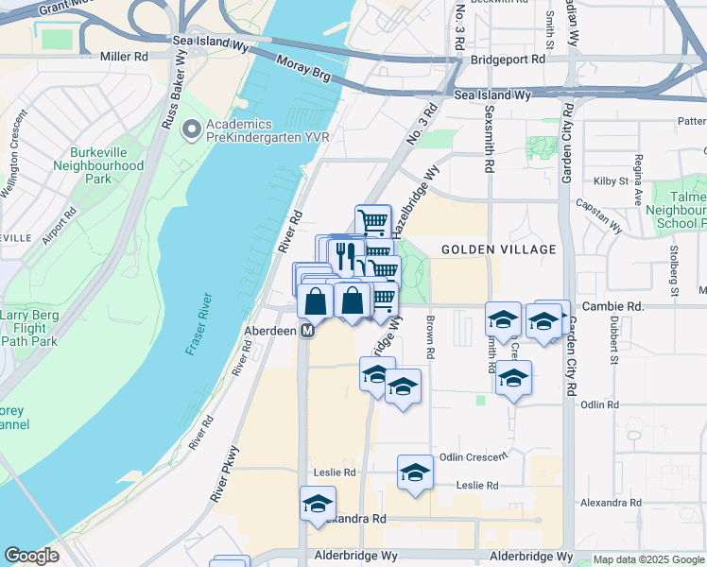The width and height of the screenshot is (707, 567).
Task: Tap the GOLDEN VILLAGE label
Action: [486, 249]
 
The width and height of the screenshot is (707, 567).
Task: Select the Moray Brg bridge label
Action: [304, 72]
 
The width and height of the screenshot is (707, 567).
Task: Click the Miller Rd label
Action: [130, 57]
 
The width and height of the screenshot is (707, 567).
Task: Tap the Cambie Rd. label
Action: [612, 306]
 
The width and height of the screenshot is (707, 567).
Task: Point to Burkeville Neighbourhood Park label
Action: [106, 165]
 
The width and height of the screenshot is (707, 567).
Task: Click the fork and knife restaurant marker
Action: [345, 254]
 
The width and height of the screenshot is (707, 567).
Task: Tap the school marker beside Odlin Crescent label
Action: [414, 472]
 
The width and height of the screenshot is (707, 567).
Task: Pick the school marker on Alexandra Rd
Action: [318, 504]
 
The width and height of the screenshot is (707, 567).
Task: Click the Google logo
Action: [31, 556]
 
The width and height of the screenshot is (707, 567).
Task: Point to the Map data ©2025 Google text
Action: [648, 559]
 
